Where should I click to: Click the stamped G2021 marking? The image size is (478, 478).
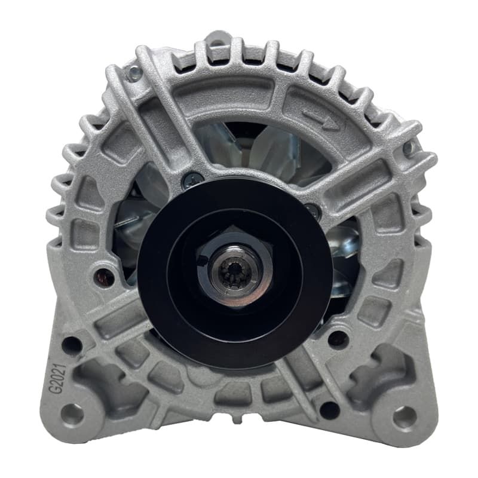coord(58,378)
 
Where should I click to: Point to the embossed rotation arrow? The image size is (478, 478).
coord(321,121)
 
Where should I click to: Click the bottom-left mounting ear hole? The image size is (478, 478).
coord(72,415)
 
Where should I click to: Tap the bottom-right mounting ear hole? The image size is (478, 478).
coord(405,416)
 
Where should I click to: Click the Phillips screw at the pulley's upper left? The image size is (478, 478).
coord(190,180)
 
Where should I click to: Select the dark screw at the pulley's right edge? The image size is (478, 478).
coord(313,210)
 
